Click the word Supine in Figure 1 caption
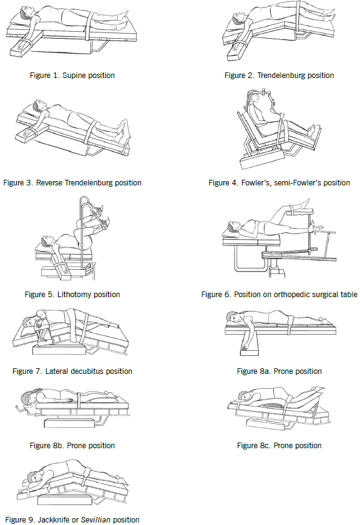pos(74,76)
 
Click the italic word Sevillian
pos(96,520)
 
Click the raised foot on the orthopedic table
pos(304,204)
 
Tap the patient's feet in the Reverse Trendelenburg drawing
pos(123,130)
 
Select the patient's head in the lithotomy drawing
pos(47,241)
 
